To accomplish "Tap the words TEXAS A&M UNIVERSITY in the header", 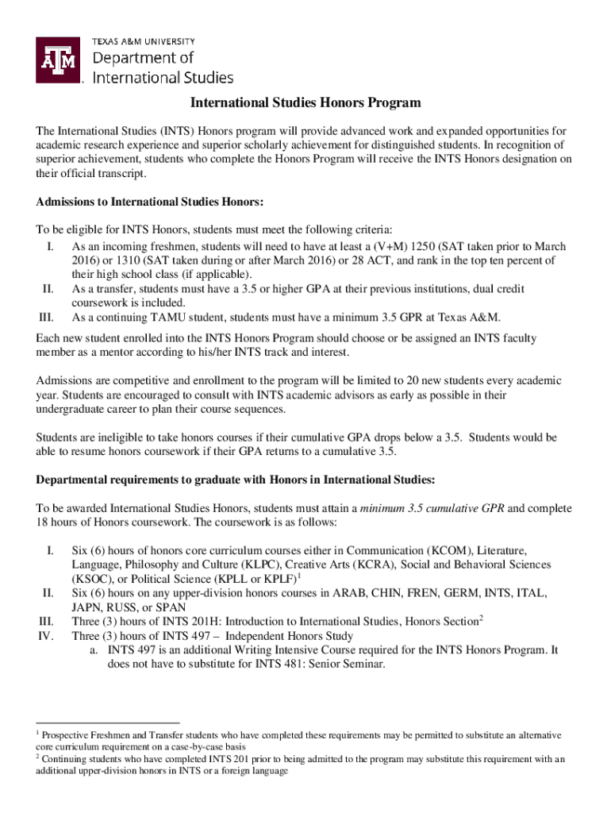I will pyautogui.click(x=144, y=41).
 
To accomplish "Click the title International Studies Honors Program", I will pyautogui.click(x=305, y=103).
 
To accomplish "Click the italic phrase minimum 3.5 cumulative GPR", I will pyautogui.click(x=432, y=507).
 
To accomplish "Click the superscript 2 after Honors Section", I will pyautogui.click(x=481, y=618).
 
